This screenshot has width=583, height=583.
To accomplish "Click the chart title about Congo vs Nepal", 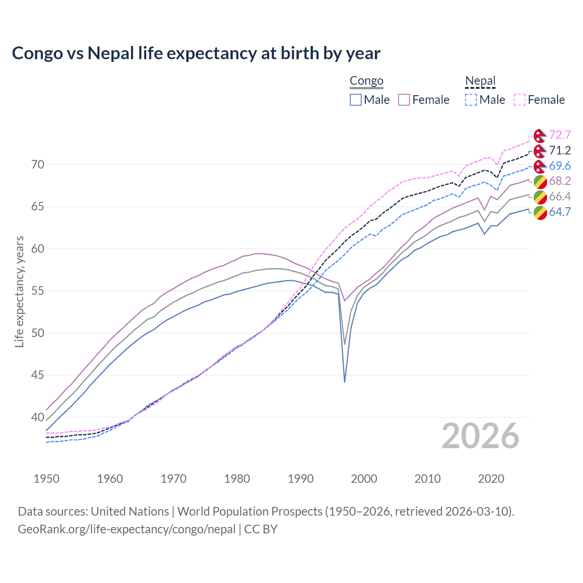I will point(196,53).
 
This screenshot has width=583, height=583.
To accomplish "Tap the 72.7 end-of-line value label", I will point(560,135).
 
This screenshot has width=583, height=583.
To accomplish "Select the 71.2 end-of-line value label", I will point(560,151).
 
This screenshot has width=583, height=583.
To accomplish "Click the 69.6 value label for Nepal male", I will point(560,166).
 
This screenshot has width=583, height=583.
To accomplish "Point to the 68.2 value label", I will point(560,181).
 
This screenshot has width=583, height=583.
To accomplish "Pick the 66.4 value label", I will point(560,196).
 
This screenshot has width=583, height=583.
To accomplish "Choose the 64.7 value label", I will point(560,212).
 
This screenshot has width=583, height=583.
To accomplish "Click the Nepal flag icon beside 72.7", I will point(540,136).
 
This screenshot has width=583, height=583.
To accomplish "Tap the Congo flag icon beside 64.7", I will point(540,212).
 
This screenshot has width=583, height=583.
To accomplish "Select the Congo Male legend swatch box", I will point(356,100).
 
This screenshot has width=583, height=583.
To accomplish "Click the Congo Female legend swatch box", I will point(404,100).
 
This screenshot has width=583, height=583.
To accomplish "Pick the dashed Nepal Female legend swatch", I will point(520,100).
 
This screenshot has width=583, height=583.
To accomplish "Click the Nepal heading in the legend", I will point(480,81).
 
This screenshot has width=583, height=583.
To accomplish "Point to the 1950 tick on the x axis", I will point(46,479).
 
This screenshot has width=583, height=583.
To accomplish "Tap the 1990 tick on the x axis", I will point(301,479).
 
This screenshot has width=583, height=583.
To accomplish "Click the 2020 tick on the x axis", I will point(491,479).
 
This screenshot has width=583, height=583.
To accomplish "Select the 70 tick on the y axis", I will point(38,164).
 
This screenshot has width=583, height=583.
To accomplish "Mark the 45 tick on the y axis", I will point(38,375).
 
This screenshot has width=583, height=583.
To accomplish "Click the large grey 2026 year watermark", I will point(481,436).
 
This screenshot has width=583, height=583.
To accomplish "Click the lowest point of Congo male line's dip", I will point(345,382).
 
